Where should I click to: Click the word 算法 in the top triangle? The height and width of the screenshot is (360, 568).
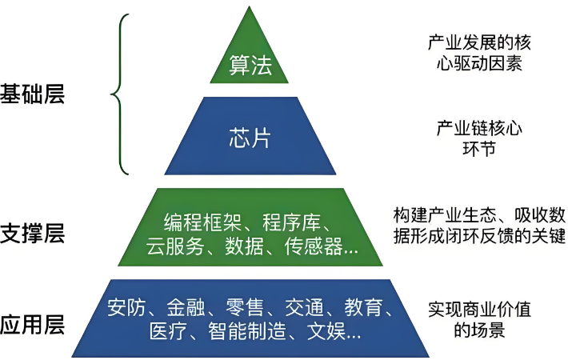pos(250,66)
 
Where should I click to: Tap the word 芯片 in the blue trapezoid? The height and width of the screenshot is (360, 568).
pos(250,138)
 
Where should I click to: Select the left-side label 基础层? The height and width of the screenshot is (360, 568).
pos(32,94)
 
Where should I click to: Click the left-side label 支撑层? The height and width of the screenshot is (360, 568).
pos(32,233)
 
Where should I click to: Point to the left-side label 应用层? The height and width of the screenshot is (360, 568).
pos(32,325)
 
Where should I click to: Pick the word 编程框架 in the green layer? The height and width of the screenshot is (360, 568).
pos(203,222)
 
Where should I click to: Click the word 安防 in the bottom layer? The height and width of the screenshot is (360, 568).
pos(126,307)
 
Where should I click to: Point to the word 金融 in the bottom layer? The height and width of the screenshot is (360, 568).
pos(186,307)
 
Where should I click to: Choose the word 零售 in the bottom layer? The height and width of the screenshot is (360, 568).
pos(245,307)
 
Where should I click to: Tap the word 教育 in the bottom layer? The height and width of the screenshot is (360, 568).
pos(363,307)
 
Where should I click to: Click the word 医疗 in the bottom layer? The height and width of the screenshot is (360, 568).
pos(169,331)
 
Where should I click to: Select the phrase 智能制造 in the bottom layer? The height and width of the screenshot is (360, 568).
pos(247,331)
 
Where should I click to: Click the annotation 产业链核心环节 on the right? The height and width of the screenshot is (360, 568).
pos(479,138)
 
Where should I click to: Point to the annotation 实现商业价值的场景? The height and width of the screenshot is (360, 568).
pos(479,318)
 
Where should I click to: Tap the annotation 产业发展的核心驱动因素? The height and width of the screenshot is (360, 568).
pos(479,53)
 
